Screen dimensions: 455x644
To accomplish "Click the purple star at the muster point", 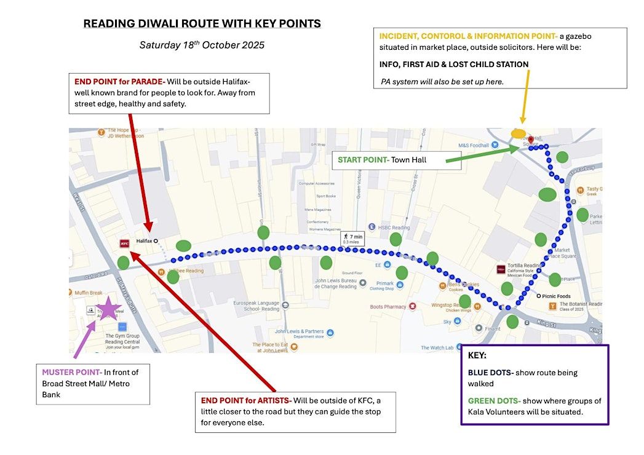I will [109, 308].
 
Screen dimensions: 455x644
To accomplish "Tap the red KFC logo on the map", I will [124, 243].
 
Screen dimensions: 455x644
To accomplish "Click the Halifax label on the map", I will [144, 241].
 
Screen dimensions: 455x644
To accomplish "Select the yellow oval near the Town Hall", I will [519, 133].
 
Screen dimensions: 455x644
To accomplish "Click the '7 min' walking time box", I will [354, 238].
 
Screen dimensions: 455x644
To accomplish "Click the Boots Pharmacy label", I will [388, 307].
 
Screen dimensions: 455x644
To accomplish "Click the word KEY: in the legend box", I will [479, 355].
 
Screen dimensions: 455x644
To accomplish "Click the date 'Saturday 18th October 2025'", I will [202, 45].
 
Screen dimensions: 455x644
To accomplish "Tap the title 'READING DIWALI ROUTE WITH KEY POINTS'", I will [202, 24].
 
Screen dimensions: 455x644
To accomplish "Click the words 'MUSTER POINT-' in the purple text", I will [71, 373].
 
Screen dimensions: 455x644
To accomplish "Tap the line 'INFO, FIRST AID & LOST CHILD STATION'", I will [454, 64].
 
